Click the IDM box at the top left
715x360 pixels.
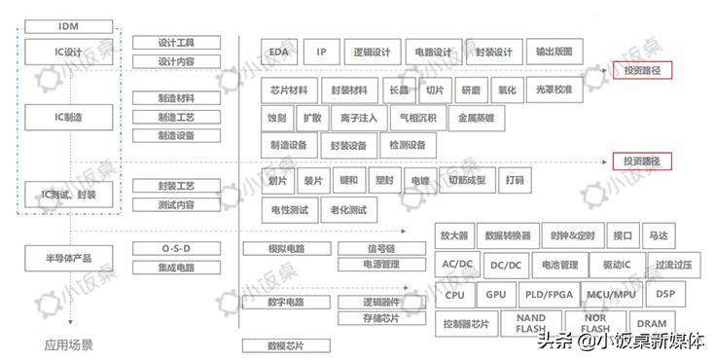(x=68, y=25)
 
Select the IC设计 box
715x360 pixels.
(x=68, y=50)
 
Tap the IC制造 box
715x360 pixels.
(x=68, y=117)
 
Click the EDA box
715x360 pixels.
(x=279, y=52)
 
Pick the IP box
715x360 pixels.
(x=322, y=52)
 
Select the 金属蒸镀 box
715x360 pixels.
(x=477, y=118)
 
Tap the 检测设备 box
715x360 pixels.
(x=407, y=145)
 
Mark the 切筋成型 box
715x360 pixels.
(x=463, y=180)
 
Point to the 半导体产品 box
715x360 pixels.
(x=68, y=257)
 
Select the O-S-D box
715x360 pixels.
(x=176, y=248)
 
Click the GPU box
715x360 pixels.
(x=496, y=294)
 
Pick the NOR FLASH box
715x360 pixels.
(x=595, y=324)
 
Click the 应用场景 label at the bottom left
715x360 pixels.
(x=68, y=343)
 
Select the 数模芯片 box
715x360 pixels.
(x=285, y=345)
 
